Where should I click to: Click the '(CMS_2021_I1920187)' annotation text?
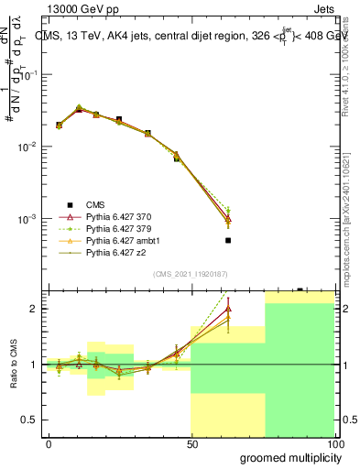pos(191,273)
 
